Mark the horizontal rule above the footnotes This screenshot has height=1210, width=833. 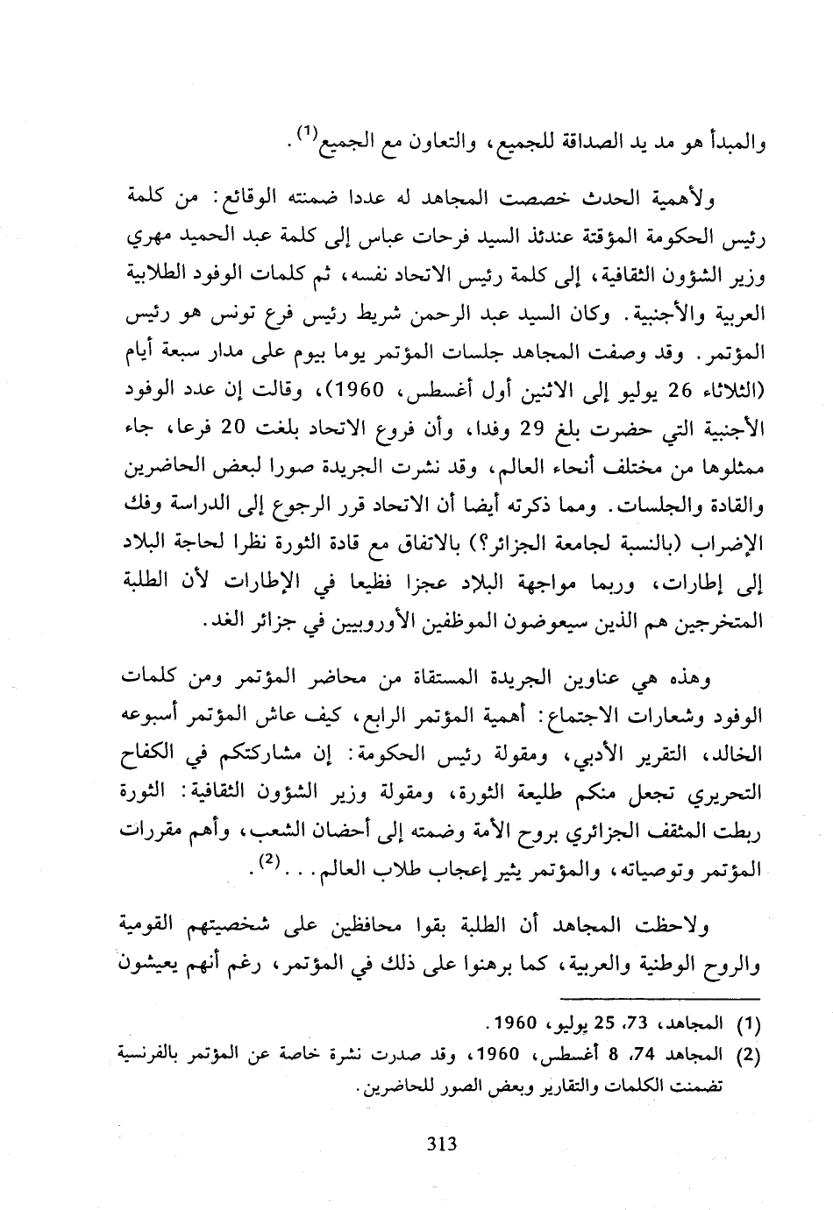tap(662, 998)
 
